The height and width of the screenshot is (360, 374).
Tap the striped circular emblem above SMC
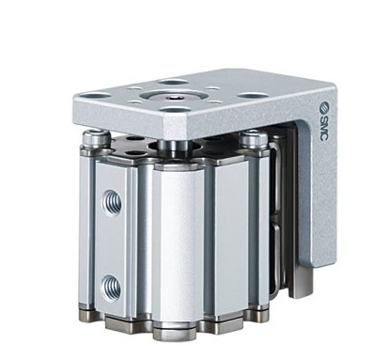pos(324,109)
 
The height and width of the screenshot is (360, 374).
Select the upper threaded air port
pos(111,203)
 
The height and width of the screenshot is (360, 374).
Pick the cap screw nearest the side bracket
pos(255,139)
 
